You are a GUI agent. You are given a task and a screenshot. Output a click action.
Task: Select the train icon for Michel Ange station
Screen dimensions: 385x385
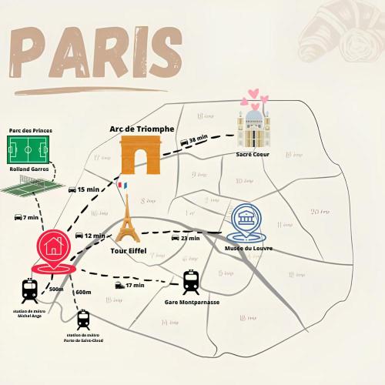pyautogui.click(x=30, y=291)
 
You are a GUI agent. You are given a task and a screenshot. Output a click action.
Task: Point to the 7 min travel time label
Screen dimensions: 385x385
pyautogui.click(x=27, y=217)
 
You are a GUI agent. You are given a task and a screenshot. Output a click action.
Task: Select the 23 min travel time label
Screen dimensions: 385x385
pyautogui.click(x=186, y=238)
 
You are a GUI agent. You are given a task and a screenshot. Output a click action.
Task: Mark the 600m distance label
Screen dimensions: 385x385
pyautogui.click(x=83, y=292)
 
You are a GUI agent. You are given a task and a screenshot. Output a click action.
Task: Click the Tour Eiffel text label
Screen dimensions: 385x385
pyautogui.click(x=129, y=250)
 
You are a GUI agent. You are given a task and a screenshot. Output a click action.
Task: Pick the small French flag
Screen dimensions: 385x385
pyautogui.click(x=121, y=186)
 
